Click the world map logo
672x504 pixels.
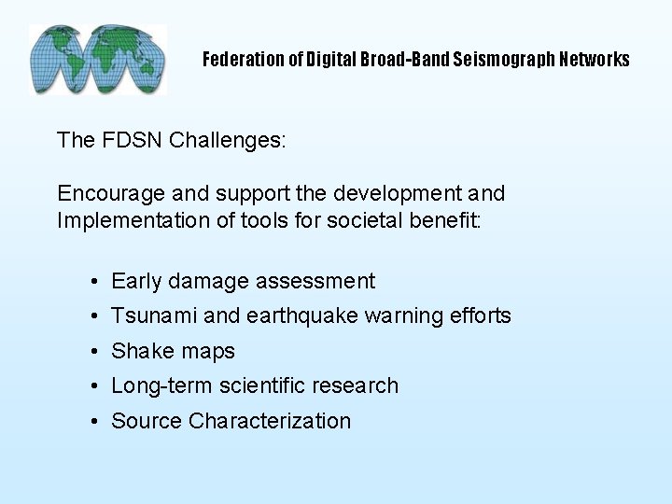pos(98,60)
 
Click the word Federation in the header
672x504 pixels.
pos(239,60)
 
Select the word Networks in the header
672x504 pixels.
pos(595,60)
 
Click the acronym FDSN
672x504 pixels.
pos(122,141)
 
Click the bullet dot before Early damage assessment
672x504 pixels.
pos(95,282)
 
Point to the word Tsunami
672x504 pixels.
pos(154,315)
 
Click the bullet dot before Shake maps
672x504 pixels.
pos(95,352)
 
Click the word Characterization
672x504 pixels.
pos(270,421)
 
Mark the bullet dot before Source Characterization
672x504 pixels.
pos(95,422)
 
